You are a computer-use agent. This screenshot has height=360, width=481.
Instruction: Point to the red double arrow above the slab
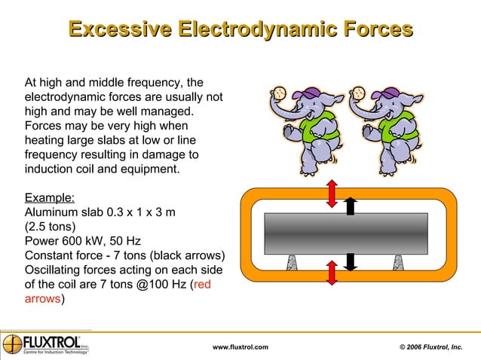coord(332,194)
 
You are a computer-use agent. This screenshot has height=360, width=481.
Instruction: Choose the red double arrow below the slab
coord(332,270)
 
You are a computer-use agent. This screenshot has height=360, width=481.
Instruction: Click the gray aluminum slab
coord(346,233)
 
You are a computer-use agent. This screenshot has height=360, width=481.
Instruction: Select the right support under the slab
coord(397,262)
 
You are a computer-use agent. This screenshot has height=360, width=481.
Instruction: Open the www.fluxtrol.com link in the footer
coord(240,346)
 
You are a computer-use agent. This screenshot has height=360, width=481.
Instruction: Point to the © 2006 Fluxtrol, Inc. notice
coord(430,346)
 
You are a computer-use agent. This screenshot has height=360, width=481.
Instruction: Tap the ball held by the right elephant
coord(358,93)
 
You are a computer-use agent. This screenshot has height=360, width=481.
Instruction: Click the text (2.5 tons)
coord(51,225)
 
